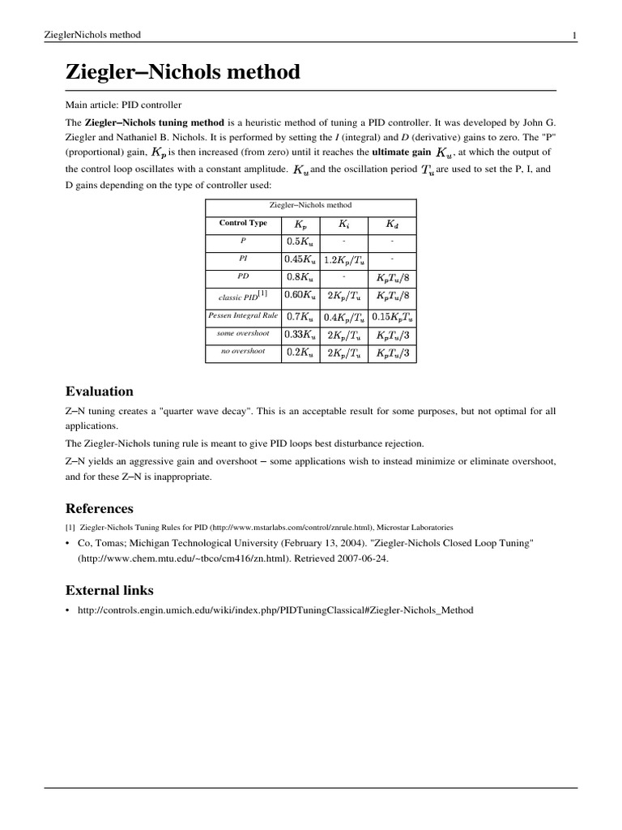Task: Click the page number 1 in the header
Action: [574, 35]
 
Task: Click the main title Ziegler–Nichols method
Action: [182, 72]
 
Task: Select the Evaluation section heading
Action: [99, 391]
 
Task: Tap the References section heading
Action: [99, 508]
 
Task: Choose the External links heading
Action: [109, 589]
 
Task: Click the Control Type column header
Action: [243, 223]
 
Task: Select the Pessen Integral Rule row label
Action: [243, 314]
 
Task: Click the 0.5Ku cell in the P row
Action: [300, 242]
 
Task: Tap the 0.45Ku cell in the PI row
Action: [300, 259]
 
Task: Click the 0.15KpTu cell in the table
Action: [392, 316]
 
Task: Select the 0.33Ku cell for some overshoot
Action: [300, 334]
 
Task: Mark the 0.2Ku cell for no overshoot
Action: [300, 353]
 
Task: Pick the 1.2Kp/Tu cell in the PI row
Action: [345, 260]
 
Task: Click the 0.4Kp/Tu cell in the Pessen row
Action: [345, 316]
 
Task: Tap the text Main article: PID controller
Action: [123, 105]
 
